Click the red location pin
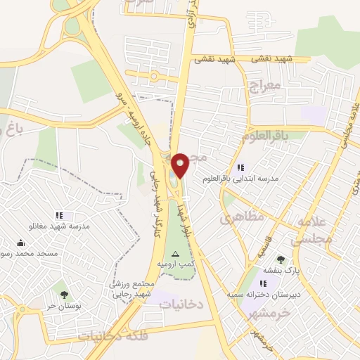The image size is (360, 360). [181, 164]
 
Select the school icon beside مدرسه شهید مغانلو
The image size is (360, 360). [59, 215]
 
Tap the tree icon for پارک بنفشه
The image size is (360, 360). [281, 259]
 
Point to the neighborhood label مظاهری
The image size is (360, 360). [242, 219]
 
